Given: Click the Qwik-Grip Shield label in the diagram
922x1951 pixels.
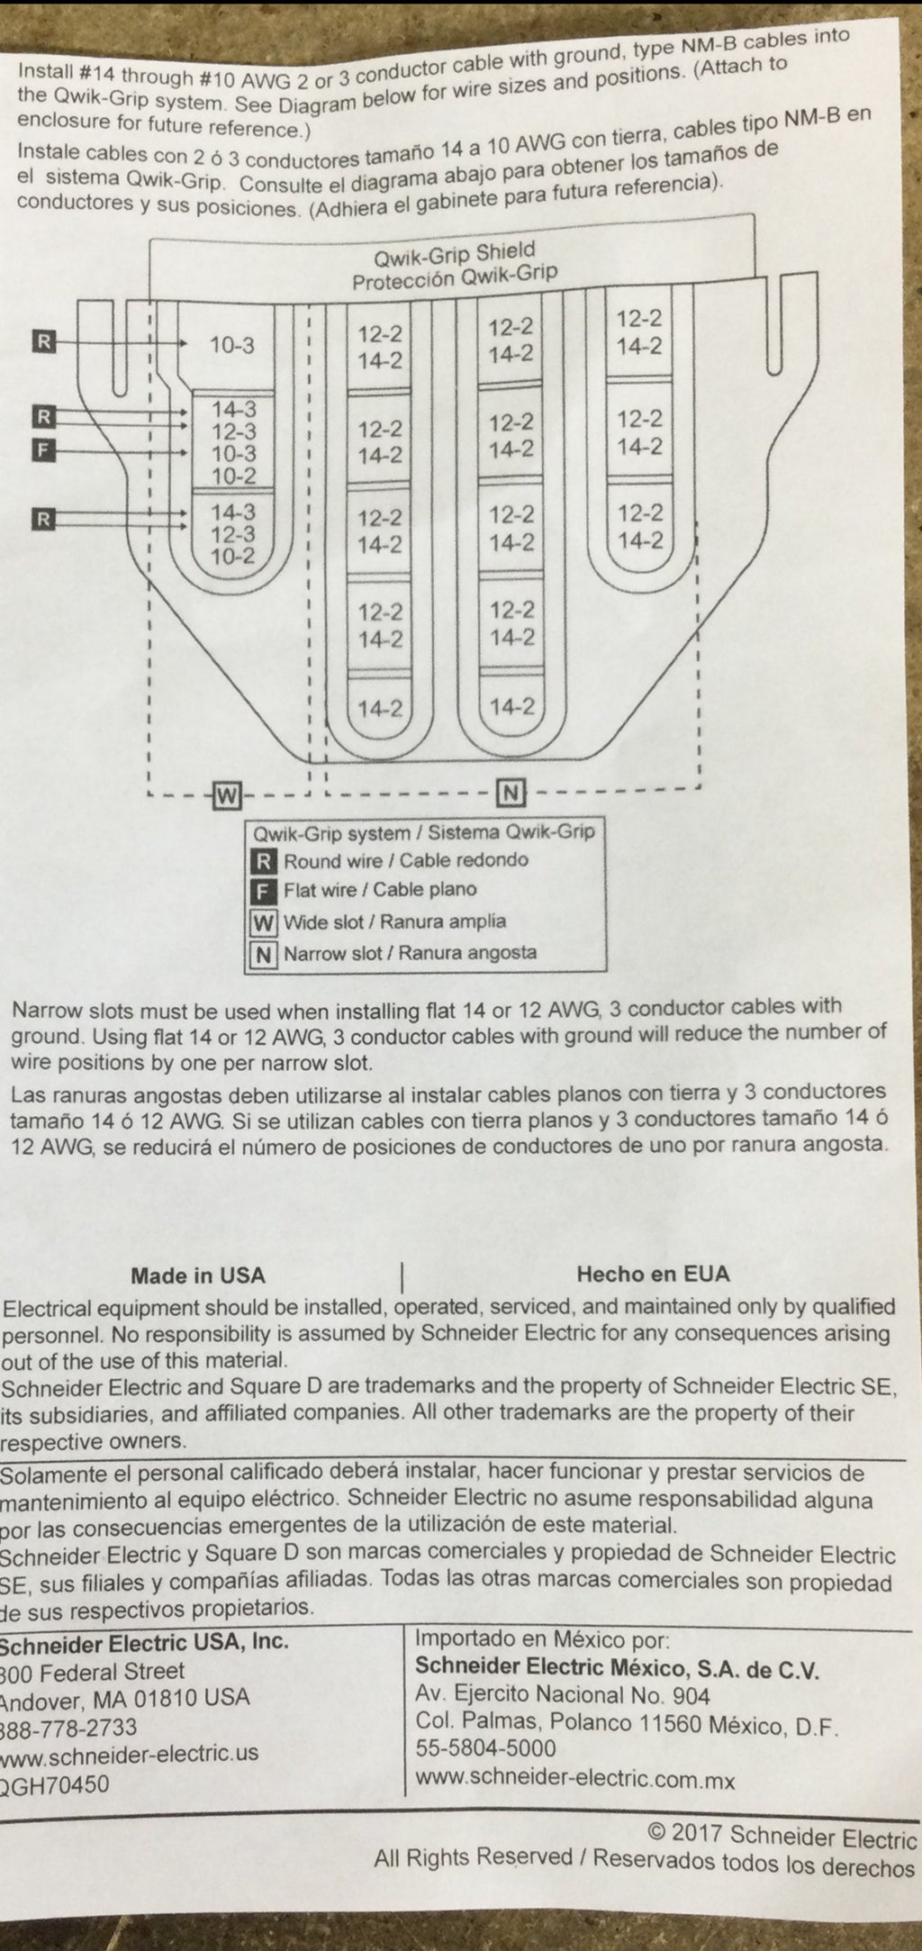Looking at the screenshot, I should pos(456,252).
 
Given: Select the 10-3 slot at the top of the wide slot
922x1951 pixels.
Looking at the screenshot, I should pos(232,345).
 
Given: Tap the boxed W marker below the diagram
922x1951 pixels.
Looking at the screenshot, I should pos(227,794).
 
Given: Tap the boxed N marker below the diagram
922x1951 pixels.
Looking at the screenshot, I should pos(510,793).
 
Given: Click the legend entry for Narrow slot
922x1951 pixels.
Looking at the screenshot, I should pos(394,953).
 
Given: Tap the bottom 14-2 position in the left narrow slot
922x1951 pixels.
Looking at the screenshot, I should pos(380,709).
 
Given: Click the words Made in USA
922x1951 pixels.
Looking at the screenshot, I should pos(198,1275).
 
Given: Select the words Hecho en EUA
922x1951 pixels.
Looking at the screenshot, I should pos(653,1274).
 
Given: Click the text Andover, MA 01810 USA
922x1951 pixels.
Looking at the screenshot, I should pos(125,1698).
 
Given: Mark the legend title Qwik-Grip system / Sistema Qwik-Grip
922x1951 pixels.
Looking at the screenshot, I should pos(424,830).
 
